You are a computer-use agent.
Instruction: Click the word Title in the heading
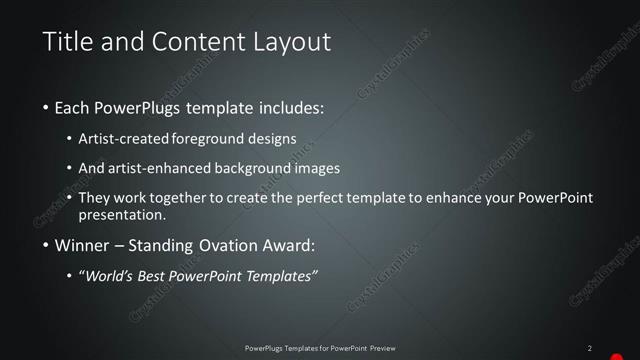point(68,42)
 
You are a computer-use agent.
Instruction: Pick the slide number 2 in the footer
point(589,348)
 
